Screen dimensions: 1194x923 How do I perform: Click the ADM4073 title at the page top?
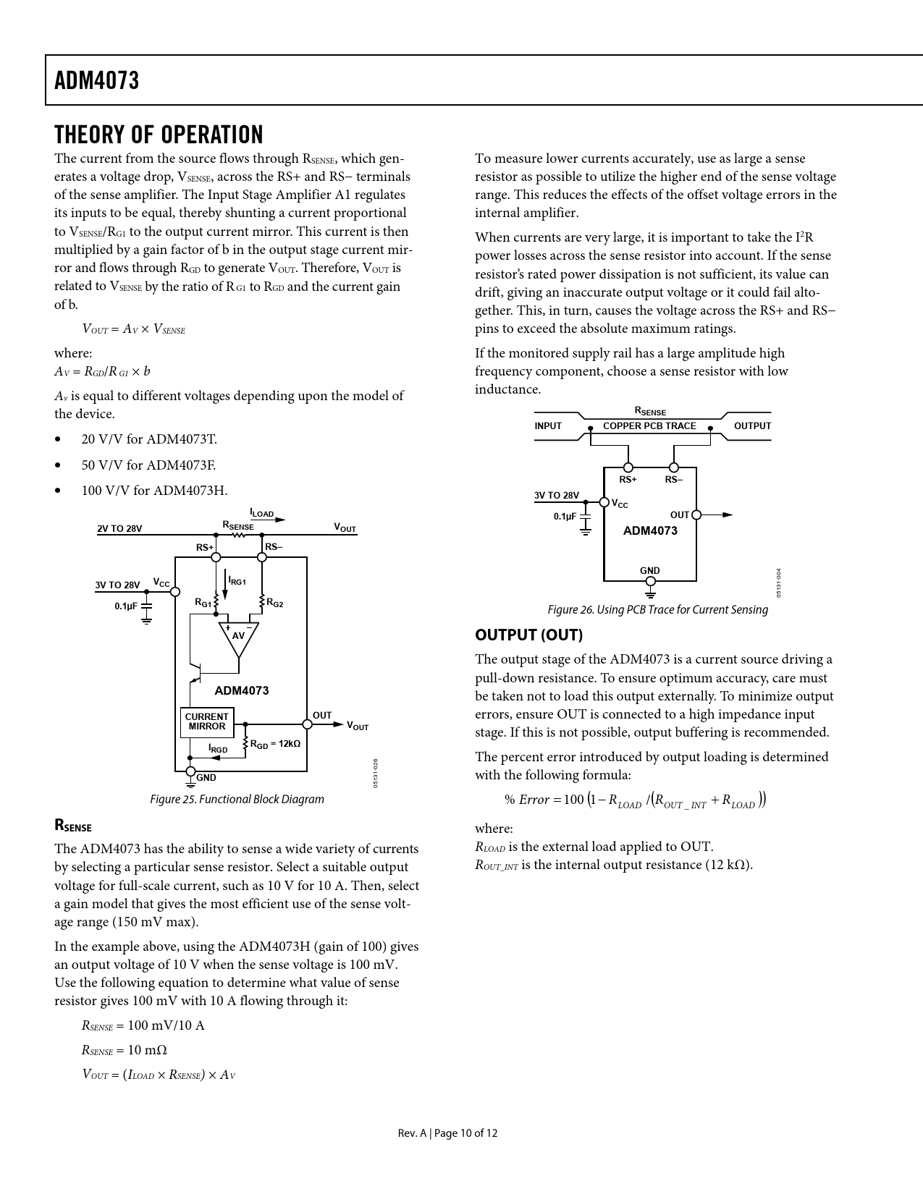pyautogui.click(x=96, y=80)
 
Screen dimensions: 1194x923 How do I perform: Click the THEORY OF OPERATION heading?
pyautogui.click(x=159, y=135)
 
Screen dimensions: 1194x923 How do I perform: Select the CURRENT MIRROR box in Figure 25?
pyautogui.click(x=206, y=722)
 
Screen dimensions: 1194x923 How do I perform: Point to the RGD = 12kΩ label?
pyautogui.click(x=275, y=744)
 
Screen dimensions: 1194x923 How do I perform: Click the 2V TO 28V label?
pyautogui.click(x=119, y=528)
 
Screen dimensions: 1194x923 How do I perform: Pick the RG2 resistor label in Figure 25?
pyautogui.click(x=275, y=602)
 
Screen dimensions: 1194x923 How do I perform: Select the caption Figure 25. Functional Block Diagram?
pyautogui.click(x=237, y=799)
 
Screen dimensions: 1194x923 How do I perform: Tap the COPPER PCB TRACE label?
pyautogui.click(x=649, y=426)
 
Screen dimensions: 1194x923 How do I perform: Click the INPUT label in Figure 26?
pyautogui.click(x=548, y=426)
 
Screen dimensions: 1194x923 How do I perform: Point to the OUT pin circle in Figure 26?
pyautogui.click(x=696, y=515)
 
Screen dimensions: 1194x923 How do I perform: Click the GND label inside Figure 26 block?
pyautogui.click(x=650, y=570)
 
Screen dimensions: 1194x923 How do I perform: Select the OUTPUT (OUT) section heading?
pyautogui.click(x=528, y=635)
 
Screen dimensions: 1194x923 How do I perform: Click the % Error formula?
pyautogui.click(x=635, y=800)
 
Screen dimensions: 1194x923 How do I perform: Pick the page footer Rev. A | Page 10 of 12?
pyautogui.click(x=447, y=1133)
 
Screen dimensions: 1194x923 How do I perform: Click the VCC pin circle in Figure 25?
pyautogui.click(x=175, y=591)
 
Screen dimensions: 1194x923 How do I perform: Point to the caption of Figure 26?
pyautogui.click(x=657, y=609)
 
